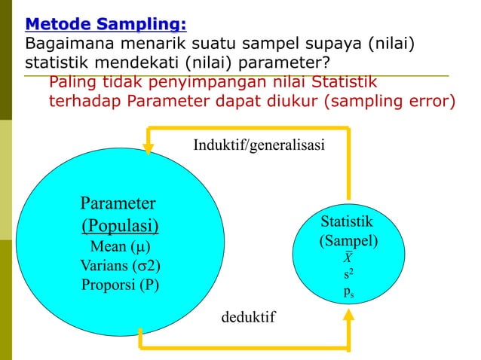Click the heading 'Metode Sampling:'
tap(106, 24)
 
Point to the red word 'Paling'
tap(75, 82)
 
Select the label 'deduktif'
tap(248, 317)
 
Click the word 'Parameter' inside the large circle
tap(118, 203)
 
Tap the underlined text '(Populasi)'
tap(120, 226)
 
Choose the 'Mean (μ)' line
tap(120, 246)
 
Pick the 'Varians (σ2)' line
tap(120, 266)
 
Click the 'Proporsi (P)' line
tap(120, 285)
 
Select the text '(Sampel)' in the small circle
tap(348, 242)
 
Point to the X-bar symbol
tap(348, 258)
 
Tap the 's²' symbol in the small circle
tap(348, 275)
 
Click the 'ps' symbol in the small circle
tap(348, 292)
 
